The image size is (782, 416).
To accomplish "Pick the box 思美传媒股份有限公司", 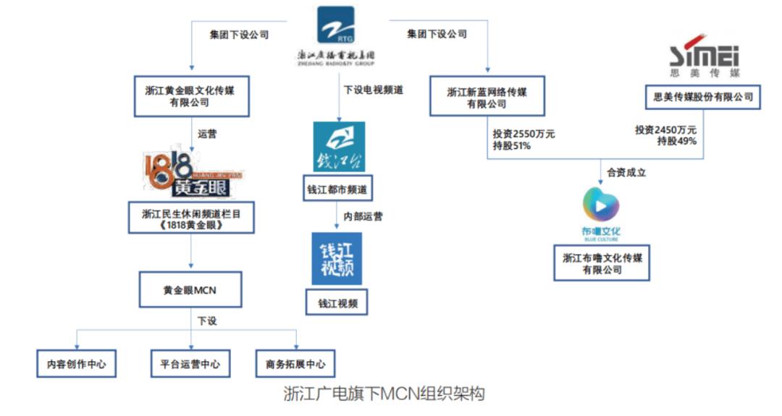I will (702, 97).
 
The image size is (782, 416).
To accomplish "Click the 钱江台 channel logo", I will (338, 147).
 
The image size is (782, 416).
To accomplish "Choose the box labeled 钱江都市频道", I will (337, 191).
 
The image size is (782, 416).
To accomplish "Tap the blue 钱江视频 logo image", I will (337, 258).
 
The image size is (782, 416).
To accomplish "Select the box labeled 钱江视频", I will (337, 303).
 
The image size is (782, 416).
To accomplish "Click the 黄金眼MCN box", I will (189, 291).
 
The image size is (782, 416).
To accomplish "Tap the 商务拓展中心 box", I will (295, 364).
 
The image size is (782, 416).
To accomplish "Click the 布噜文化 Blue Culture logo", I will (602, 213).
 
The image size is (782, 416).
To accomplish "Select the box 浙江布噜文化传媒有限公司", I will (602, 264).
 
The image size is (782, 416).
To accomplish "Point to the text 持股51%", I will (512, 145).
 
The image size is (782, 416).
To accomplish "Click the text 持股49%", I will (676, 141).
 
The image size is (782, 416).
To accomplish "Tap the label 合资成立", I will (626, 173).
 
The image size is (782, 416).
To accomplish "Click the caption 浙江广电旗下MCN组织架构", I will (384, 394).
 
